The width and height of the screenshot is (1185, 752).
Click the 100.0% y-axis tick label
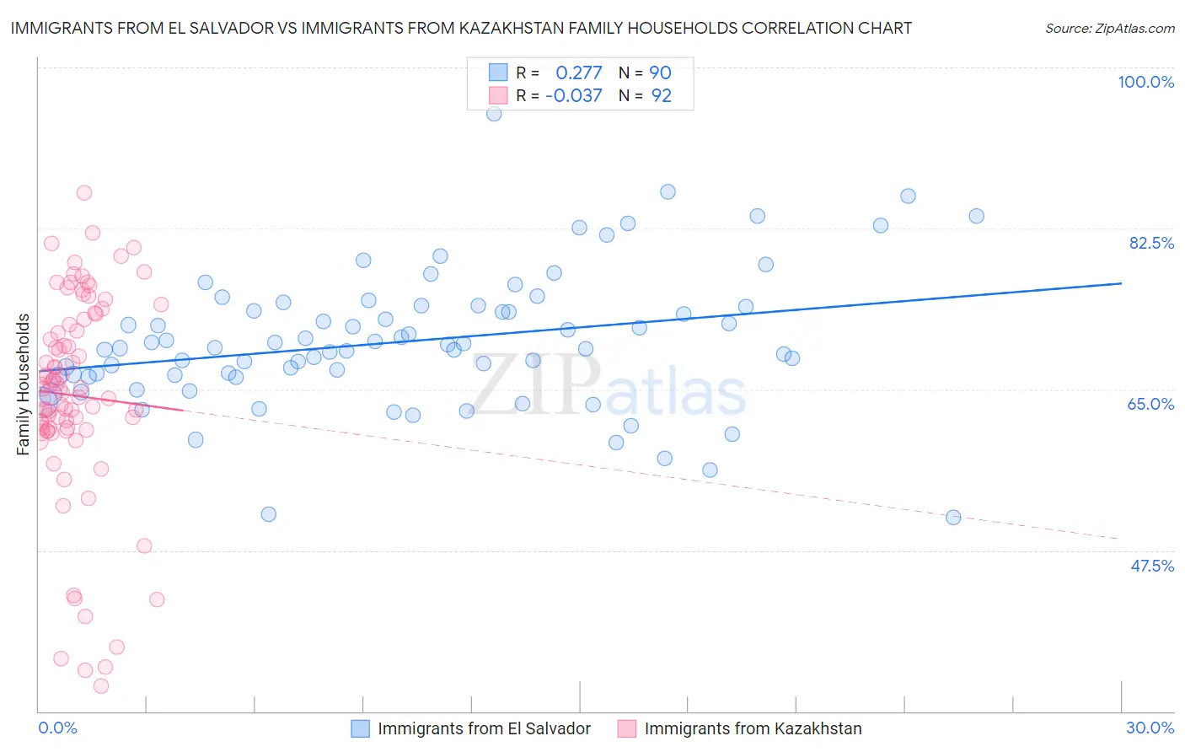tap(1145, 82)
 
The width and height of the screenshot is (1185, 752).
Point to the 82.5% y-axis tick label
tap(1151, 243)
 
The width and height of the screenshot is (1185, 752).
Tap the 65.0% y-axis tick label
tap(1150, 404)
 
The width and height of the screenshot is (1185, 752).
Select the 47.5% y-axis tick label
tap(1151, 566)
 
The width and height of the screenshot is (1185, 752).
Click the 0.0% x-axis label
tap(57, 728)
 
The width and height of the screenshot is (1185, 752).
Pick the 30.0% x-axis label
tap(1150, 728)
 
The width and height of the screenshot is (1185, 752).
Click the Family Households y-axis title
tap(24, 384)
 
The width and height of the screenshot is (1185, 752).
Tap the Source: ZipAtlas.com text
tap(1109, 29)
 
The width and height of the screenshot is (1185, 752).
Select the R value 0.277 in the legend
tap(579, 73)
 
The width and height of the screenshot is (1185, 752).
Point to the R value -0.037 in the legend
tap(574, 96)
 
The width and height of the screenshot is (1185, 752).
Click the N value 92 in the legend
tap(662, 96)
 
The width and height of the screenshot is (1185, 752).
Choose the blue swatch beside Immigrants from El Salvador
tap(361, 728)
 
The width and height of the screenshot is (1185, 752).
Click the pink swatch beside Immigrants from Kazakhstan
tap(627, 728)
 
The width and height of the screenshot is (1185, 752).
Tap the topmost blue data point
tap(494, 114)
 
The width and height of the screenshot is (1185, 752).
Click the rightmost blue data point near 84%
tap(976, 216)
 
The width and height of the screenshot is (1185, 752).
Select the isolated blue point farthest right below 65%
tap(953, 518)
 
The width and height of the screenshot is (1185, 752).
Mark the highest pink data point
tap(83, 192)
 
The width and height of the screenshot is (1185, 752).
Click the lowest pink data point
tap(101, 686)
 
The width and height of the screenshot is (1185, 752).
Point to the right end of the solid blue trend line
tap(1121, 283)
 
